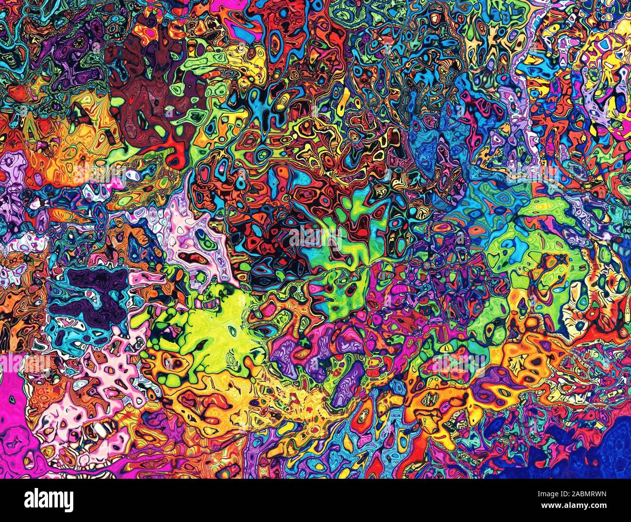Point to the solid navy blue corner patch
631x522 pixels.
click(x=607, y=452)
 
